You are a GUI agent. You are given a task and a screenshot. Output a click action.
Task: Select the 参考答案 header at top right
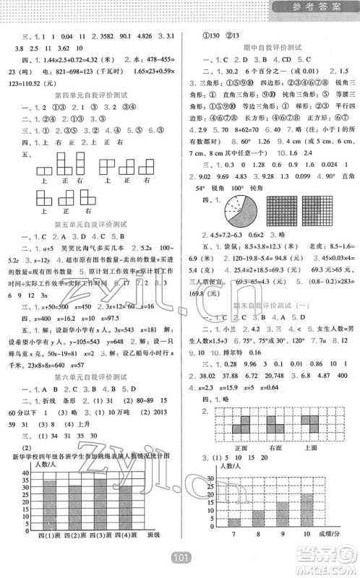pyautogui.click(x=315, y=8)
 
